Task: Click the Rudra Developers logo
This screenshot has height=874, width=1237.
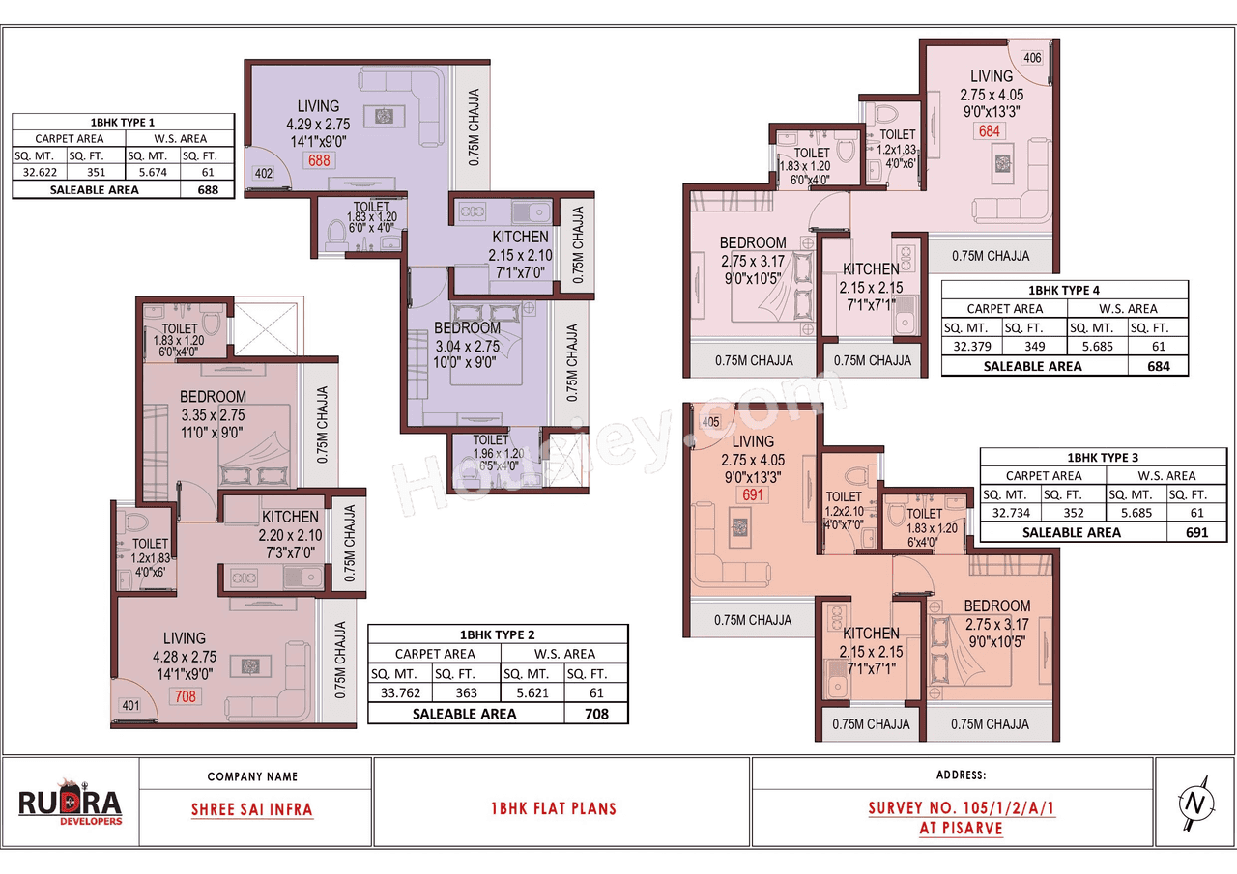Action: point(71,803)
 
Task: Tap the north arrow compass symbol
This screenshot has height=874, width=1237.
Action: point(1194,803)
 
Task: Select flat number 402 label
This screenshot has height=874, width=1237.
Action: point(263,174)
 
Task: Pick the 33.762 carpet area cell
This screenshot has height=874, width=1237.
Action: point(399,692)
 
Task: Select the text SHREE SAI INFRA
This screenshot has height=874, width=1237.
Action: point(252,809)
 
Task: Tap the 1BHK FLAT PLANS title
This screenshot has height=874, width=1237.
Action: point(553,809)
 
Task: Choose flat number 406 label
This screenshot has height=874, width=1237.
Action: point(1032,58)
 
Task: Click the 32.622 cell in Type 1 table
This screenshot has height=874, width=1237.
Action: point(38,171)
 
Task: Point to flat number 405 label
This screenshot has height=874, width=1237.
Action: point(710,422)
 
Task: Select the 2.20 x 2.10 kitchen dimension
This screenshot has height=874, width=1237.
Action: point(289,536)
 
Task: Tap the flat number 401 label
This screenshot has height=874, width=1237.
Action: point(129,705)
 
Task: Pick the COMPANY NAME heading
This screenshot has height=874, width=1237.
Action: point(252,776)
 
